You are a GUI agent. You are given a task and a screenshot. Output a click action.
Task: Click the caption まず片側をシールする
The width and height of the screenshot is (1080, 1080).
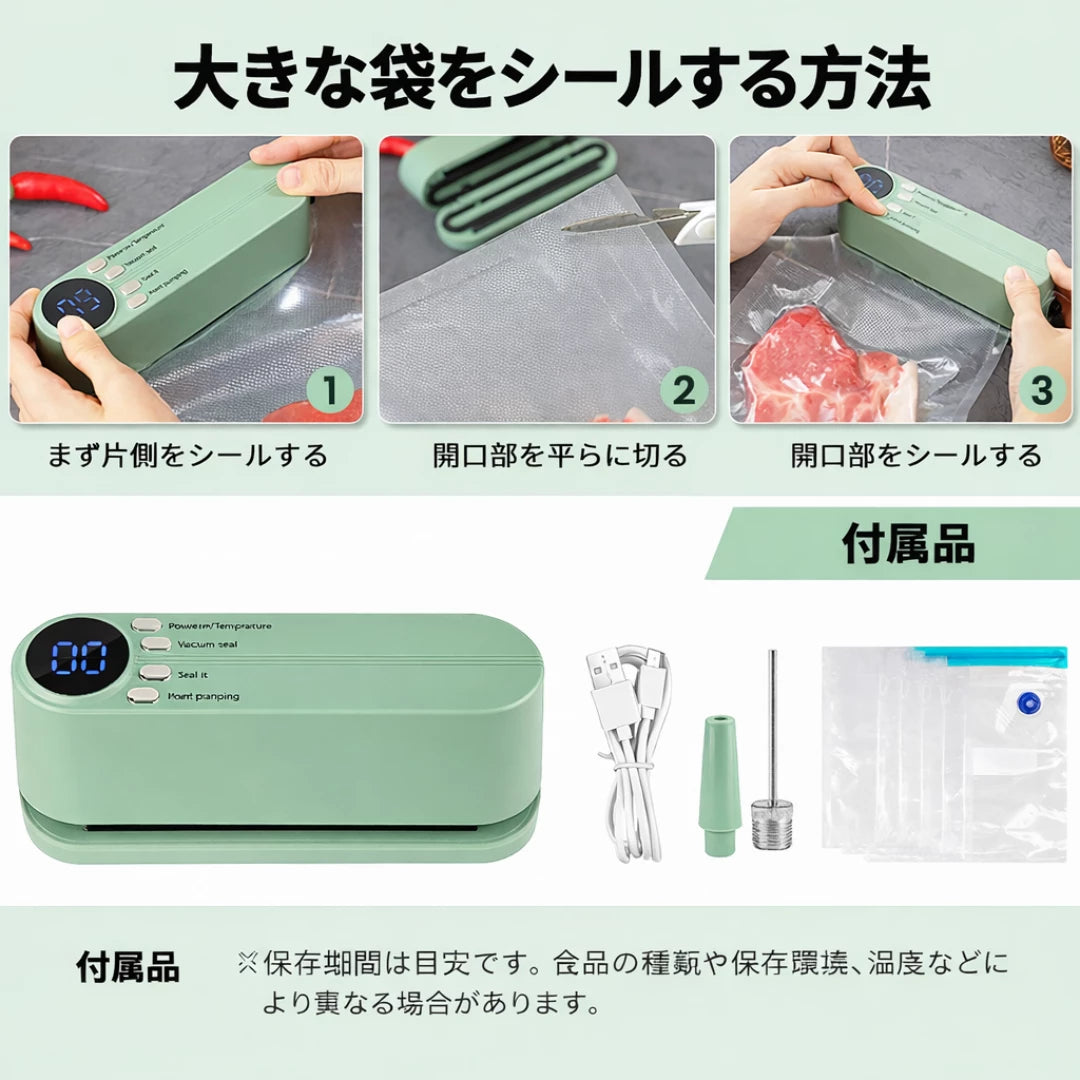[188, 456]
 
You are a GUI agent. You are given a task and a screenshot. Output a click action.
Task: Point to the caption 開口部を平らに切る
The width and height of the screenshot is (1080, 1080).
[560, 456]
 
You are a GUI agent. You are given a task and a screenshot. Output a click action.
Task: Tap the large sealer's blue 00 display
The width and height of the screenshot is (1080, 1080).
[80, 659]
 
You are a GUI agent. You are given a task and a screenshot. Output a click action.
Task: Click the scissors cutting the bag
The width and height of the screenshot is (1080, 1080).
[640, 217]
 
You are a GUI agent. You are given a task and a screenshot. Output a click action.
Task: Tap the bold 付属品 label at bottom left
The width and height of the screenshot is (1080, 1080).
[128, 967]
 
